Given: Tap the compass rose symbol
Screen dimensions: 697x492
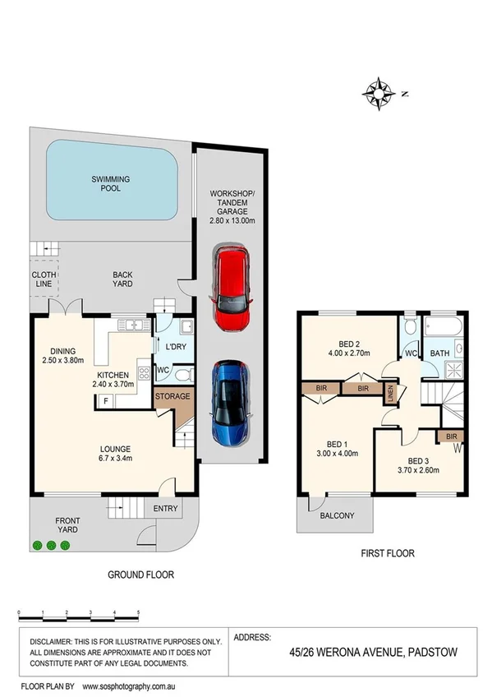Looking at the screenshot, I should point(379,91).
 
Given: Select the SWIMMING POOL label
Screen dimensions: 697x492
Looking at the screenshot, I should point(111,182).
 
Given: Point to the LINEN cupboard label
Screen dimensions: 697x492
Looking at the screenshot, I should point(391,393).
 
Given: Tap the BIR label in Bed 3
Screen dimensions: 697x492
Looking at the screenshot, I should point(451,436).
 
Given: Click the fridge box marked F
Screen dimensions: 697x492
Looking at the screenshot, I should point(105,400).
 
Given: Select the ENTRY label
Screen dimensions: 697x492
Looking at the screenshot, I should point(165,509).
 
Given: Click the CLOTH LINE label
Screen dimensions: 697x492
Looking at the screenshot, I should point(44,280).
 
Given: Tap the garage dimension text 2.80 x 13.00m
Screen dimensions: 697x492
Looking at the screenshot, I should point(231,220).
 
